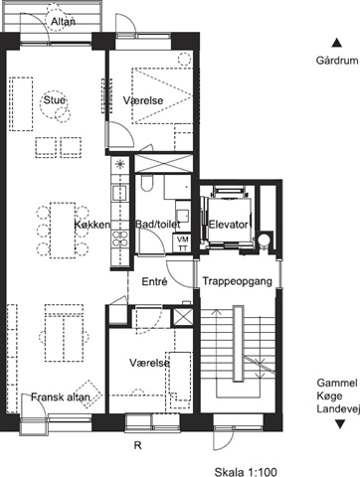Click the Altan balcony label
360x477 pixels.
[x=63, y=22]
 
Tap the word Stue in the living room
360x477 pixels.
[x=55, y=99]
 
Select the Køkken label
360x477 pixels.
[x=91, y=225]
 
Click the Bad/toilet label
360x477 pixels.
[x=158, y=225]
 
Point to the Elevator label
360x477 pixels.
[x=228, y=225]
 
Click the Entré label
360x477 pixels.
[x=154, y=281]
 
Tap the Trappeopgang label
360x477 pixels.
[x=238, y=281]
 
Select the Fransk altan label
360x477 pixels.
[x=61, y=397]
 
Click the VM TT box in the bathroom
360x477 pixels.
[x=182, y=243]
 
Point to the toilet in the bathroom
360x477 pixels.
[x=146, y=183]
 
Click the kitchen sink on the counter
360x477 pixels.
[x=119, y=193]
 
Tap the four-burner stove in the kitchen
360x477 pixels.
[x=120, y=238]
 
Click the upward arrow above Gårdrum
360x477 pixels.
[x=337, y=43]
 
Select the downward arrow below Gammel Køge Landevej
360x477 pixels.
[x=340, y=424]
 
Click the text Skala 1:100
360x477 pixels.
[x=246, y=472]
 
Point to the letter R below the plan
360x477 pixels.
[x=138, y=445]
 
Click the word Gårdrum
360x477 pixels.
[x=337, y=61]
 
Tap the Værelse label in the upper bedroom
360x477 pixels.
[x=143, y=100]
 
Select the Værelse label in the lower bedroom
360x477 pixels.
[x=149, y=363]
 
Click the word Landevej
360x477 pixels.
[x=338, y=408]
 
